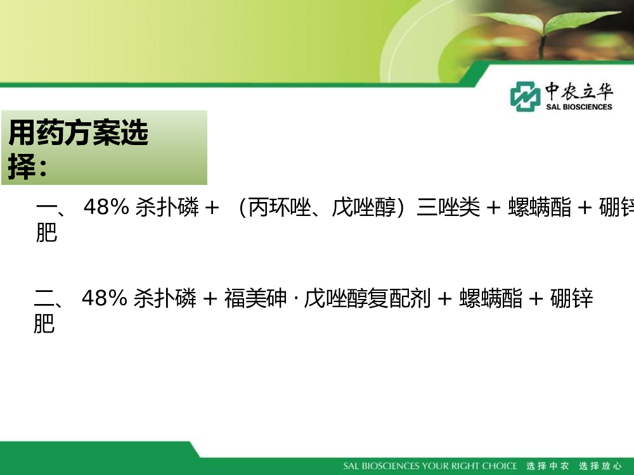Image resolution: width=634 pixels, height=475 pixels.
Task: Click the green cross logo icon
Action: coord(525,96)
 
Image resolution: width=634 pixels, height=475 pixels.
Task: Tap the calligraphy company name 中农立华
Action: coord(579,91)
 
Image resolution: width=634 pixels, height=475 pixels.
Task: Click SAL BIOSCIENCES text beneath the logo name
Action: coord(579,107)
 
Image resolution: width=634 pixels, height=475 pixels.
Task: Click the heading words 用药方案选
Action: coord(79,132)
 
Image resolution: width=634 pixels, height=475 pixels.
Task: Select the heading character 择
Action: coord(22,166)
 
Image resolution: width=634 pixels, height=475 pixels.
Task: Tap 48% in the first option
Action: coord(107,207)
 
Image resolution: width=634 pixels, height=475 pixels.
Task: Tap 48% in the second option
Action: coord(105,298)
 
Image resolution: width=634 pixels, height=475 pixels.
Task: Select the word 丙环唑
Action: coord(280,207)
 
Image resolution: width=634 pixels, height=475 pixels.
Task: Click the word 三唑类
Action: coord(448,207)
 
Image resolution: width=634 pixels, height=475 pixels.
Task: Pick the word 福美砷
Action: coord(256,298)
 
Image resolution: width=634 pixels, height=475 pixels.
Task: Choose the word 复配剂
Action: coord(399,298)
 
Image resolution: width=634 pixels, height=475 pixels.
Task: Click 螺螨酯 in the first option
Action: coord(540,207)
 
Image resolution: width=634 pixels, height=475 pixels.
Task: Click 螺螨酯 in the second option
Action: coord(491,298)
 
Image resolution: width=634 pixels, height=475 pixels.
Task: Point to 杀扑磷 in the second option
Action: coord(165,298)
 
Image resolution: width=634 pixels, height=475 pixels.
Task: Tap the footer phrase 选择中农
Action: coord(548,466)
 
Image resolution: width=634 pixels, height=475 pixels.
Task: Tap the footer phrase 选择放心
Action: coord(600,466)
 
